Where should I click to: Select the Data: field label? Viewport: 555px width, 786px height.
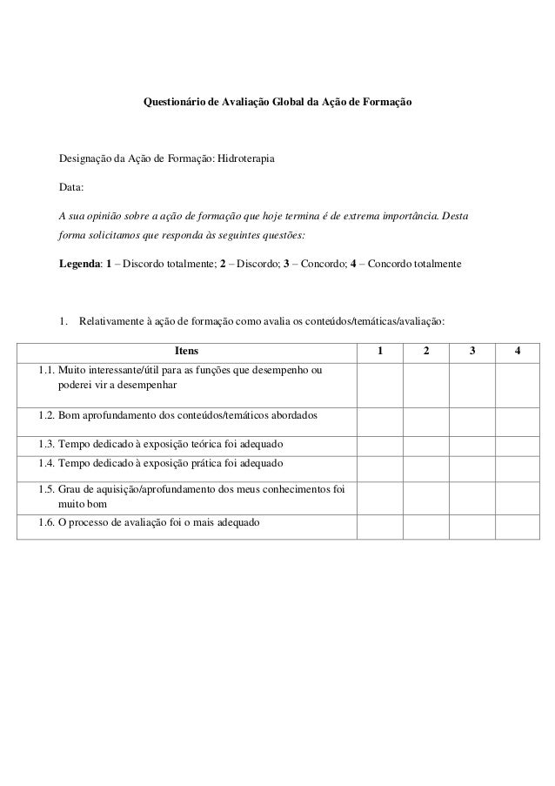(x=72, y=186)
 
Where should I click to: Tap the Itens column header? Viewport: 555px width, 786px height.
(x=186, y=352)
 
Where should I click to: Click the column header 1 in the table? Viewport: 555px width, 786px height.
(x=378, y=352)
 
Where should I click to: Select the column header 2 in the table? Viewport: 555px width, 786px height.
(x=425, y=352)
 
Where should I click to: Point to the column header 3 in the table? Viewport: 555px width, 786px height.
(x=471, y=352)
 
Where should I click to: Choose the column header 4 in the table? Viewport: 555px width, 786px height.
(x=518, y=352)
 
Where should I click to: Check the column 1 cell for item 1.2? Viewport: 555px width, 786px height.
(x=378, y=415)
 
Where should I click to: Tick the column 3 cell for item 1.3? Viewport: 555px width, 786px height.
(x=471, y=444)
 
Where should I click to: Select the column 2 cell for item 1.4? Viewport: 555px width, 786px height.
(x=425, y=463)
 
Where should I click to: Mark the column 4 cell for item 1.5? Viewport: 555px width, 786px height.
(x=518, y=495)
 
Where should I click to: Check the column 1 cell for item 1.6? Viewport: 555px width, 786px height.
(x=378, y=524)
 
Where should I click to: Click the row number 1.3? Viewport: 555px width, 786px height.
(x=46, y=444)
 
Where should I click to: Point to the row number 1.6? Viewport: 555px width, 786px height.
(x=46, y=524)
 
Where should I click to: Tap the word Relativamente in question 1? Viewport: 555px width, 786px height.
(x=111, y=321)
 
